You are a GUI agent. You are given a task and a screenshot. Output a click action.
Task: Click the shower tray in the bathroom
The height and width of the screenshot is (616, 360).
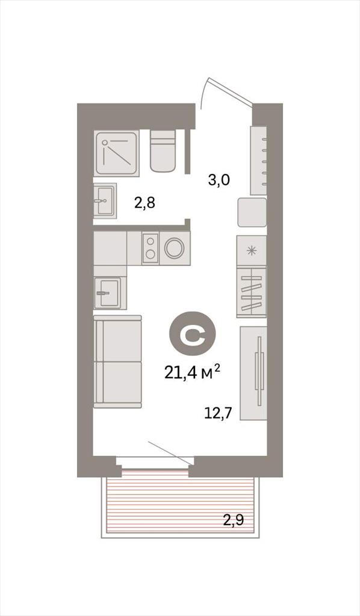[117, 153]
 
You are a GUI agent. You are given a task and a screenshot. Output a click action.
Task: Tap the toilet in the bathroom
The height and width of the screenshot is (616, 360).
[163, 151]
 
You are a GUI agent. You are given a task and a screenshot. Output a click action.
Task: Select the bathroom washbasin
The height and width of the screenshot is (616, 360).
[105, 200]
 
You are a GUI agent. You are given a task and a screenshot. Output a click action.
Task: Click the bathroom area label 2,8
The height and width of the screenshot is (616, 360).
[144, 203]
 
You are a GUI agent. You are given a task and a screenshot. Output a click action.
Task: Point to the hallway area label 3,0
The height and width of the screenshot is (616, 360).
[219, 180]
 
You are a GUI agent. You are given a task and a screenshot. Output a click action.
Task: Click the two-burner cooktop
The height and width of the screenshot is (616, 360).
[150, 248]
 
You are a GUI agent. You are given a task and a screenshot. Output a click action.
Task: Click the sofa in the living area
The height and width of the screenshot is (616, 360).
[117, 362]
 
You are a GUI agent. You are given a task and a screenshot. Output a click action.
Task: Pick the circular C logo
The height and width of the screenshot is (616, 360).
[193, 334]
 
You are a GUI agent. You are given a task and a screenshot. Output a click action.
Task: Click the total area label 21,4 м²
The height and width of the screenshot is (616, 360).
[192, 372]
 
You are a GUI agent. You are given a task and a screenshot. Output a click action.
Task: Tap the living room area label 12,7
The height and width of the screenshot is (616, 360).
[218, 413]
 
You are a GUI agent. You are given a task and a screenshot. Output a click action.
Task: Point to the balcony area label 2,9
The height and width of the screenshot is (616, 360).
[234, 520]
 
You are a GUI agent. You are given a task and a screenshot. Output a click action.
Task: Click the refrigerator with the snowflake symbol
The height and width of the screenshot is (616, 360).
[252, 251]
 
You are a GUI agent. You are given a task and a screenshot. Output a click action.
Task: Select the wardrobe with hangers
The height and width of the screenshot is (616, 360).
[252, 292]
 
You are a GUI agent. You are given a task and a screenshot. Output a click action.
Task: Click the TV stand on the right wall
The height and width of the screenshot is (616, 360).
[253, 373]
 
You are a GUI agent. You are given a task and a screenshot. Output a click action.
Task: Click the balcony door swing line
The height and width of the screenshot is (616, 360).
[170, 453]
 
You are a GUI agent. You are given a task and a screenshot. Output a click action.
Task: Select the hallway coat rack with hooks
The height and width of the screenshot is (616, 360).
[259, 160]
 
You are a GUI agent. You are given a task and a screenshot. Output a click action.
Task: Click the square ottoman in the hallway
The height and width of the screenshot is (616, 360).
[252, 212]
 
